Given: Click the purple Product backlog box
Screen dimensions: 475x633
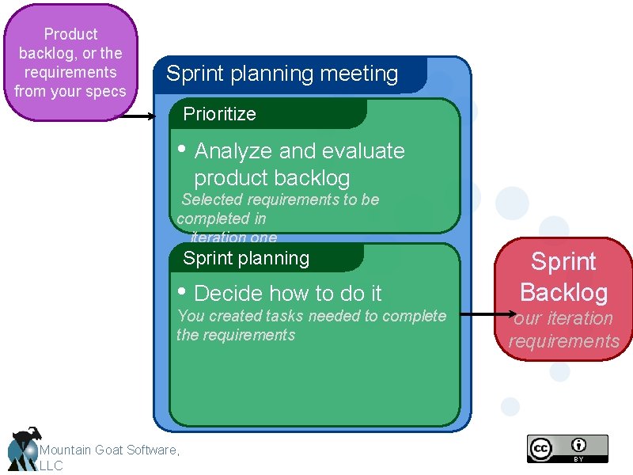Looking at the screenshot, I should pyautogui.click(x=70, y=63).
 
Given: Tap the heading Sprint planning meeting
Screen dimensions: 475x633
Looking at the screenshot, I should pyautogui.click(x=282, y=74).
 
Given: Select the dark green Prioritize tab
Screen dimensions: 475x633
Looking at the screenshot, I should pyautogui.click(x=220, y=114).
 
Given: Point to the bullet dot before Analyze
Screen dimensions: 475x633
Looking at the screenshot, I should pyautogui.click(x=182, y=149).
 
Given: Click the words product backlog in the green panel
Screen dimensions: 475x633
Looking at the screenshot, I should pyautogui.click(x=271, y=178).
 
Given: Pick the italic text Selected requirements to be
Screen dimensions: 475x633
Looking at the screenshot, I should pyautogui.click(x=280, y=199).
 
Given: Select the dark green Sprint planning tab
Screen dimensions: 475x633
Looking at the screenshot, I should pyautogui.click(x=246, y=258).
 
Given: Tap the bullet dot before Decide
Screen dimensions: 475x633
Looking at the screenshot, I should pyautogui.click(x=182, y=291).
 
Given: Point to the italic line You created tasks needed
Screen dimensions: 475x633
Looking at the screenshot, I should pyautogui.click(x=312, y=316).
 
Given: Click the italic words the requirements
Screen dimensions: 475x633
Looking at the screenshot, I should pyautogui.click(x=236, y=335).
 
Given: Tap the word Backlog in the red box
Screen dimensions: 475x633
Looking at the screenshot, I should pyautogui.click(x=563, y=292).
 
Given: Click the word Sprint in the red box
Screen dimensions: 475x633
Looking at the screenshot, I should pyautogui.click(x=563, y=262).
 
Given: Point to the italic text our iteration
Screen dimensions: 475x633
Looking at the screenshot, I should pyautogui.click(x=563, y=318).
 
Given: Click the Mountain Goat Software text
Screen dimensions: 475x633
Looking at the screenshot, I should pyautogui.click(x=109, y=450).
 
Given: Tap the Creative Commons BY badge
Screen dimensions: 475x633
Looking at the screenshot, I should pyautogui.click(x=567, y=448).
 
